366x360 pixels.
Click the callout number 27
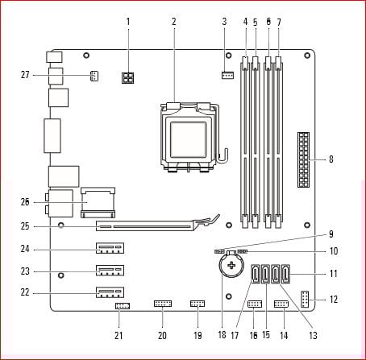point(25,75)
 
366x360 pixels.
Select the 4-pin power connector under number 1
point(128,78)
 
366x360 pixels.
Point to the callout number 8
point(331,159)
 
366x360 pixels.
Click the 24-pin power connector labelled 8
point(303,159)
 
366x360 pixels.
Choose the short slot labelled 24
point(110,248)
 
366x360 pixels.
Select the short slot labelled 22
point(110,292)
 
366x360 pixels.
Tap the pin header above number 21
point(123,306)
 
